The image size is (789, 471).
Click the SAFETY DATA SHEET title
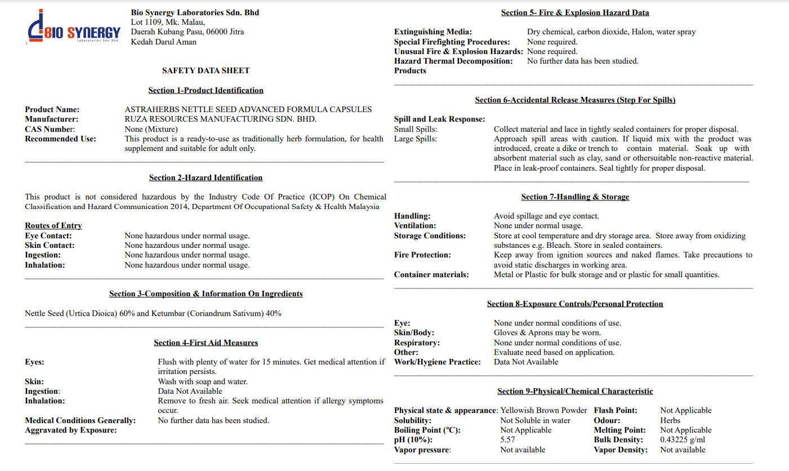coord(206,70)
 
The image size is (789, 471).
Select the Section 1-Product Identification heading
coord(206,90)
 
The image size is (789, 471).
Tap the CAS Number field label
coord(50,129)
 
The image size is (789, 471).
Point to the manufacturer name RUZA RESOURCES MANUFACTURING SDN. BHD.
coord(220,119)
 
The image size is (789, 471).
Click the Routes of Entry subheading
coord(54,225)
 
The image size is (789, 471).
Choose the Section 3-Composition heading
coord(206,294)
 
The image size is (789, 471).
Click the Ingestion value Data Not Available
coord(190,391)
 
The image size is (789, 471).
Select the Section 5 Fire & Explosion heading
coord(575,12)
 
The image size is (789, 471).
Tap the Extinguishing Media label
coord(433,32)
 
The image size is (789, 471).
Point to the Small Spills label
coord(416,129)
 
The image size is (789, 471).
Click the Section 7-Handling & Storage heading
coord(575,197)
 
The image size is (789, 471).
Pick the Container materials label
coord(431,275)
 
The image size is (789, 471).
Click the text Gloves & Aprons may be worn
coord(547,333)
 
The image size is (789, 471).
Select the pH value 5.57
coord(507,440)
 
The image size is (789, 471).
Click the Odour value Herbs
coord(670,420)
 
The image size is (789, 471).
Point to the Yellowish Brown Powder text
coord(543,410)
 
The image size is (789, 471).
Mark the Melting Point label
coord(619,430)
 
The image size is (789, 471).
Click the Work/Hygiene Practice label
coord(438,362)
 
